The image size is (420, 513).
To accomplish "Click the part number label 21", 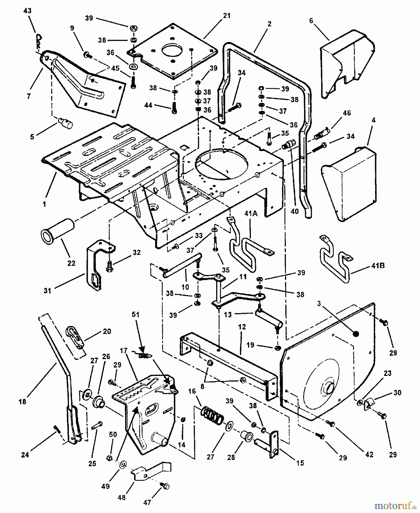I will [226, 16].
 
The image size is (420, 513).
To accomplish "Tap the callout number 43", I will [28, 11].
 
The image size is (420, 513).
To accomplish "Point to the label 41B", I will [378, 266].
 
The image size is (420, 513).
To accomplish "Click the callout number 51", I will [136, 315].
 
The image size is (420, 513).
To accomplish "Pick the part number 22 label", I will [71, 263].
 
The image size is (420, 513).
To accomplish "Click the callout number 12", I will [242, 327].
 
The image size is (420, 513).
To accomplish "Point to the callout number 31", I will [47, 290].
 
